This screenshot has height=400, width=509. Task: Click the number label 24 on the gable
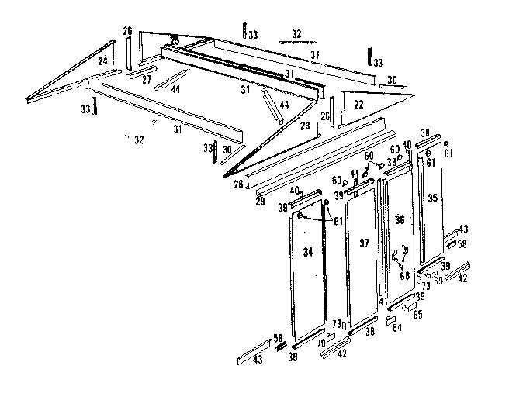point(103,60)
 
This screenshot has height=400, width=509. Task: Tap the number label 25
point(175,40)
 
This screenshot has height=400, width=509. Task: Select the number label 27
point(147,79)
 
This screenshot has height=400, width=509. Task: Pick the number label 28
point(239,184)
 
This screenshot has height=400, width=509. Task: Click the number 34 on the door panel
point(308,251)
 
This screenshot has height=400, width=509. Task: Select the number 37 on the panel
point(362,243)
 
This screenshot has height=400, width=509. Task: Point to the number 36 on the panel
point(400,219)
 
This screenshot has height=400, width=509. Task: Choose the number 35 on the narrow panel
point(434,198)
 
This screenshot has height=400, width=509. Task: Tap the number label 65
point(417,316)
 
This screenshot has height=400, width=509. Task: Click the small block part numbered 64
point(390,319)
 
